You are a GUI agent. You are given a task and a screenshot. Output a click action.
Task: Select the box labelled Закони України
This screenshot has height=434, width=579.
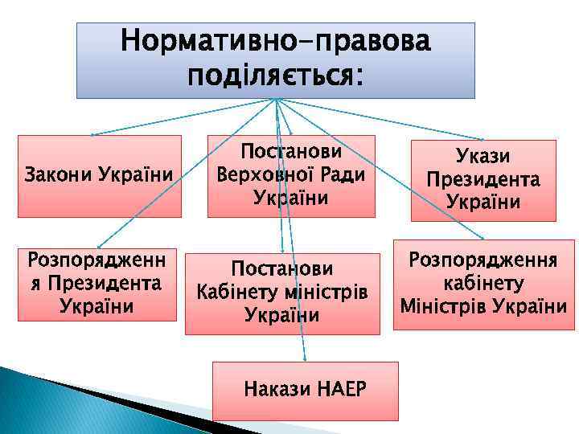coord(99,176)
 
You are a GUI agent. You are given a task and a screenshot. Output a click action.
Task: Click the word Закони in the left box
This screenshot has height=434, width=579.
coord(57,174)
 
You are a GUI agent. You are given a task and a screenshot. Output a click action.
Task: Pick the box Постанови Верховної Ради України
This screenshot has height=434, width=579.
coord(291,176)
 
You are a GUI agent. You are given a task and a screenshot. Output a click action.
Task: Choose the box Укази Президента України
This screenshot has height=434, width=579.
coord(483,180)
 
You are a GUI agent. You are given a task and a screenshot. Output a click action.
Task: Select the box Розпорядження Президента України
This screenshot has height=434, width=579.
coord(96,283)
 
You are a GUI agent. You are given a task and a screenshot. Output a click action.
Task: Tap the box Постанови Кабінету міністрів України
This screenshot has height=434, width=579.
coord(282,293)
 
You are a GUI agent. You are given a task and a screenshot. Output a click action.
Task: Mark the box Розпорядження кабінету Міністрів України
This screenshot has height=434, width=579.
coord(483,284)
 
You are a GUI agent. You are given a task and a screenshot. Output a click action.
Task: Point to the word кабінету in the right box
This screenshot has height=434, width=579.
coord(483,284)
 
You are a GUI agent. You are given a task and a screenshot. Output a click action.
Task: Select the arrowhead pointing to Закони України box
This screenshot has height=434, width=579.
coord(91,134)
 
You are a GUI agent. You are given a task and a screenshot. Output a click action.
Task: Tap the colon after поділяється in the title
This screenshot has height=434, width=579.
coord(357,77)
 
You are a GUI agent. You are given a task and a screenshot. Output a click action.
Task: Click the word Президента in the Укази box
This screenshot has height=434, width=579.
coord(483,179)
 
